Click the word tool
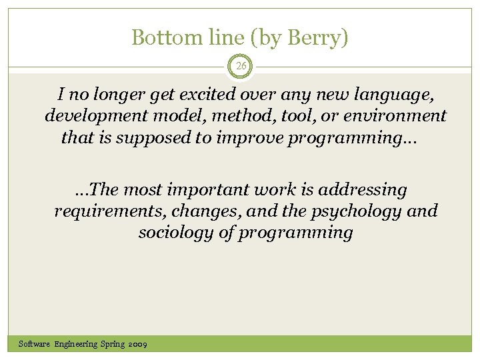pyautogui.click(x=285, y=116)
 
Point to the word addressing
pyautogui.click(x=363, y=190)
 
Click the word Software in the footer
pyautogui.click(x=35, y=344)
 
